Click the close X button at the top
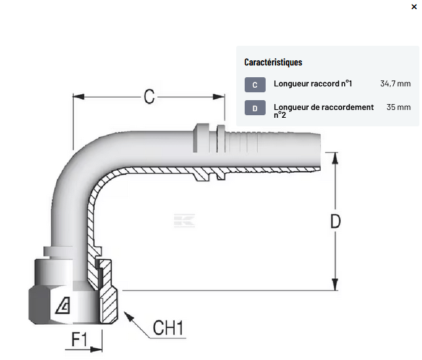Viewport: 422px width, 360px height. (413, 7)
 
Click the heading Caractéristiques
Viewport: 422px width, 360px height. (273, 62)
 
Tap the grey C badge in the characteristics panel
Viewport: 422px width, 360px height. (255, 84)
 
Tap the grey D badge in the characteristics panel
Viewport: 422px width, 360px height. (255, 108)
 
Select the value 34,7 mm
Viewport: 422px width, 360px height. (395, 84)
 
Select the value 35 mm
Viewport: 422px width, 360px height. (398, 107)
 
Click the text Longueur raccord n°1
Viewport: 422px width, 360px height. (313, 84)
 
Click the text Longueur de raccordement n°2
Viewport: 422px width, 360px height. (323, 111)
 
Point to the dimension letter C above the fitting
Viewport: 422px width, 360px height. (149, 97)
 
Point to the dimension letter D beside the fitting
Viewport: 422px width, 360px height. (335, 221)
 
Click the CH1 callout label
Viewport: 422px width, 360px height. (167, 327)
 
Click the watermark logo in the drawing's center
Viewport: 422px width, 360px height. (185, 221)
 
